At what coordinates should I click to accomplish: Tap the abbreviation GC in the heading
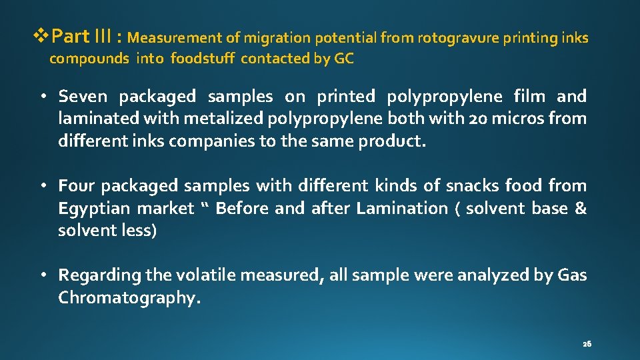(x=344, y=59)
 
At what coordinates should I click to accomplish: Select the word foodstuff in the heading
(x=203, y=59)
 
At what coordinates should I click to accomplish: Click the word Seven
(x=83, y=97)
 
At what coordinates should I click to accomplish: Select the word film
(x=529, y=97)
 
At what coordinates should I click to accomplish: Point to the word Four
(x=76, y=186)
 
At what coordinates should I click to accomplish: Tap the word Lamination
(x=402, y=209)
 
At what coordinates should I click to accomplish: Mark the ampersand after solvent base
(x=581, y=209)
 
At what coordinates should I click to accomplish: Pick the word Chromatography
(x=129, y=298)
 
